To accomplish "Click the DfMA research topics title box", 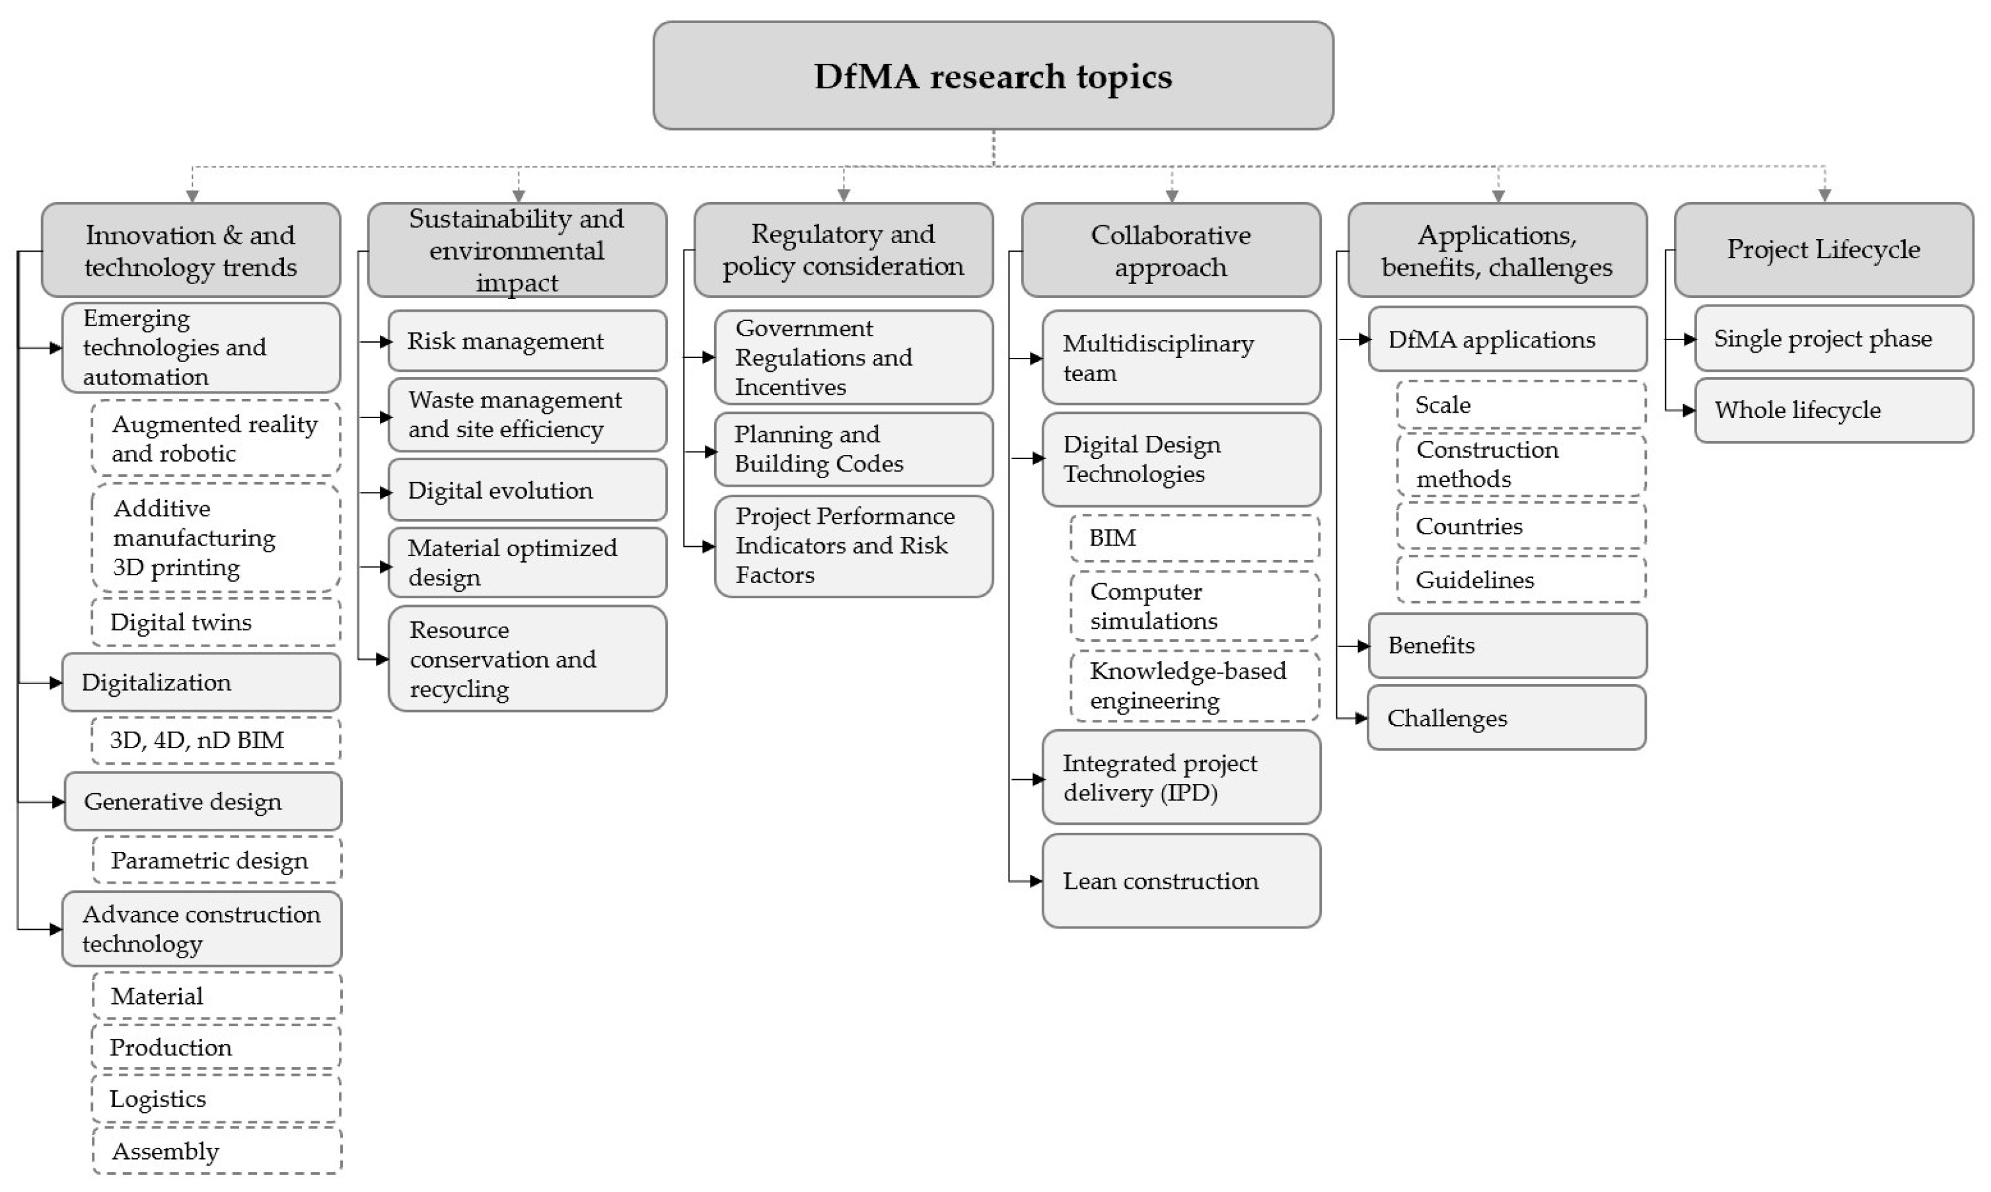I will coord(993,75).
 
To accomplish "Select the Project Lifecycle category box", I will coord(1823,250).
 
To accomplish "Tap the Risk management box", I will coord(527,341).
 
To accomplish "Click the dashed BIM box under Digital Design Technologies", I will coord(1194,538).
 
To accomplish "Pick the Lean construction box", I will coord(1181,881).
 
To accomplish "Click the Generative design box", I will coord(203,802).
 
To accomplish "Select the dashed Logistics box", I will coord(216,1099).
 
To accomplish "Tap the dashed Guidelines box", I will coord(1520,579).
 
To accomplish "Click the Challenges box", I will coord(1507,718).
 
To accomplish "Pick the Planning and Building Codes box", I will coord(853,449).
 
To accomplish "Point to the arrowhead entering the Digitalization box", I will coord(55,683).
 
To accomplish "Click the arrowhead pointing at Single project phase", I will coord(1690,339).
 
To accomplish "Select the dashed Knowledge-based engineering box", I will coord(1194,686).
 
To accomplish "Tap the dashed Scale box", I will coord(1520,405).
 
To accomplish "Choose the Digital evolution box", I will coord(527,491).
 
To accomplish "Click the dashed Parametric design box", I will coord(216,860).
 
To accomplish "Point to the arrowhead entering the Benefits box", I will coord(1363,646).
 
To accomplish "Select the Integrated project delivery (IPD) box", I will coord(1181,777).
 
